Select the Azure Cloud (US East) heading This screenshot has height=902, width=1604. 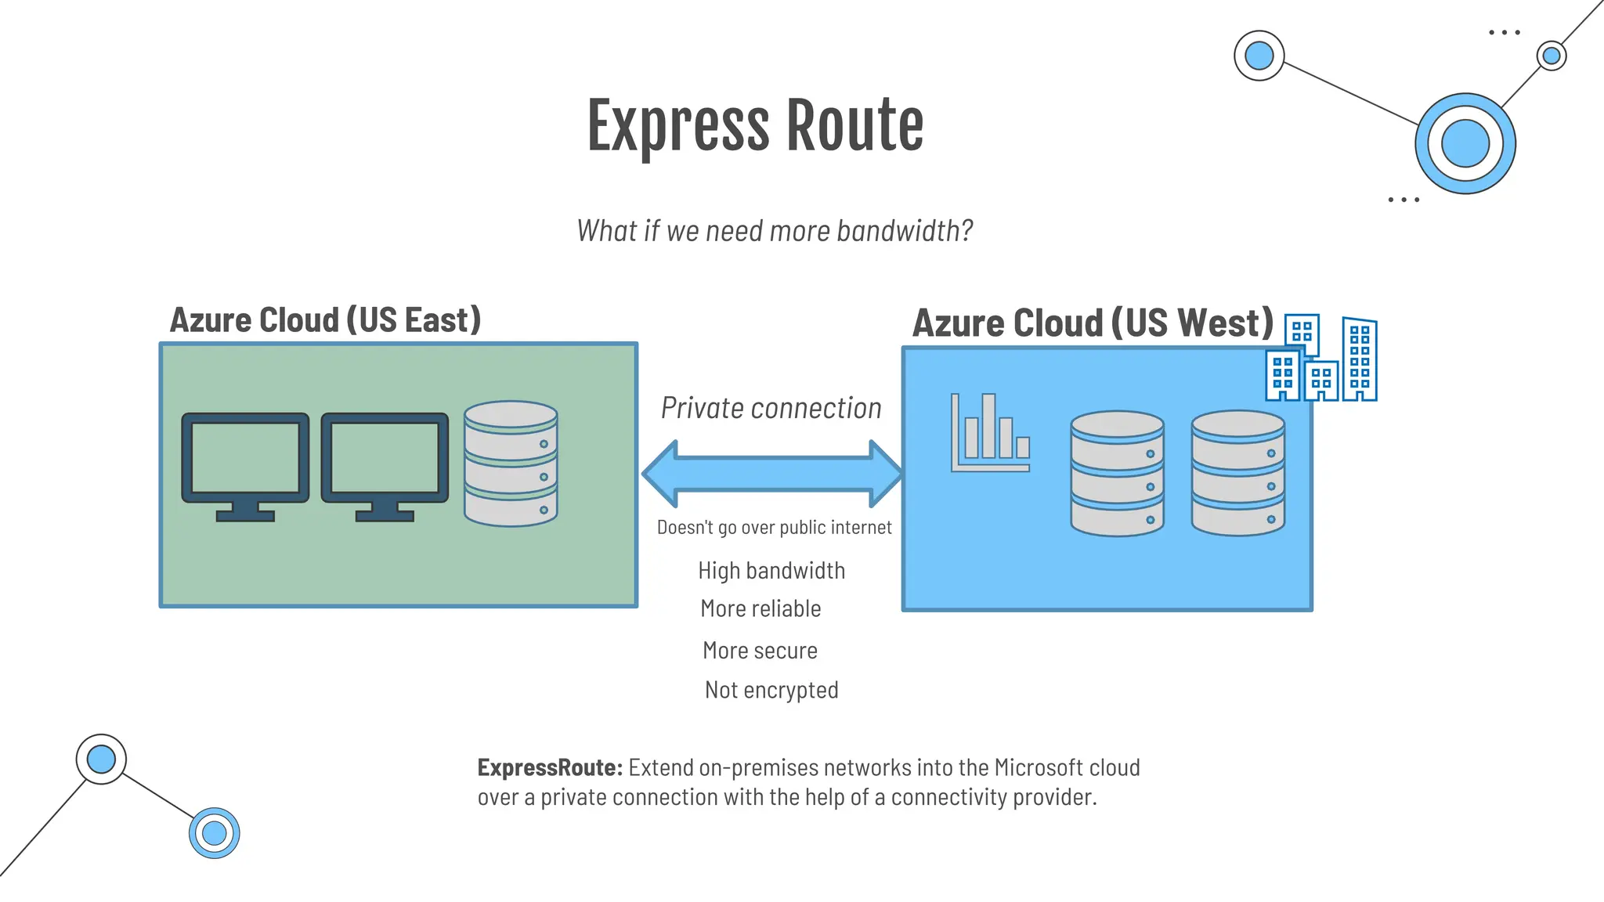pyautogui.click(x=325, y=320)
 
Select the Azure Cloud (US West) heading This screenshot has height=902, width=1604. pyautogui.click(x=1093, y=323)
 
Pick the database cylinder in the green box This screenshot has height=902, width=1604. pyautogui.click(x=511, y=464)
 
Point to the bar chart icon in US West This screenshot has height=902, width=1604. pyautogui.click(x=990, y=434)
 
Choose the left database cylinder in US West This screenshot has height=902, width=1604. pyautogui.click(x=1117, y=474)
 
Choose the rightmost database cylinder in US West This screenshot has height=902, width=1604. pyautogui.click(x=1237, y=474)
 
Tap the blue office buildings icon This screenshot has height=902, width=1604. pyautogui.click(x=1322, y=360)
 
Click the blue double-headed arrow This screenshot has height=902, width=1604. pyautogui.click(x=772, y=474)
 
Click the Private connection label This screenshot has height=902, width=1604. pyautogui.click(x=771, y=409)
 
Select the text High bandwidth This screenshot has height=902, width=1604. pyautogui.click(x=771, y=571)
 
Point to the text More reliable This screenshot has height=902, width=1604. pyautogui.click(x=760, y=609)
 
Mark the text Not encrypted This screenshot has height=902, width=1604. pyautogui.click(x=771, y=691)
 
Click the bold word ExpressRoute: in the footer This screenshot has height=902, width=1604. pyautogui.click(x=550, y=768)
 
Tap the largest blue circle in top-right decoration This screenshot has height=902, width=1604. pyautogui.click(x=1465, y=144)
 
